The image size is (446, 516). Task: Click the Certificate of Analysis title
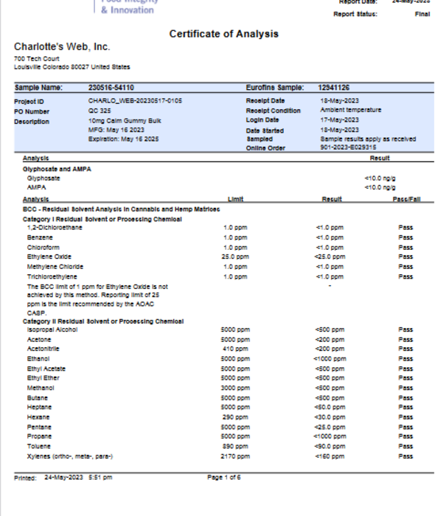pos(223,34)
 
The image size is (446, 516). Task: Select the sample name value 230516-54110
pos(111,88)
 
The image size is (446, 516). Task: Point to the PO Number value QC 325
pos(100,110)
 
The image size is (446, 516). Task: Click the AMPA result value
pos(375,187)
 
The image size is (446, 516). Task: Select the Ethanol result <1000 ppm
pos(329,358)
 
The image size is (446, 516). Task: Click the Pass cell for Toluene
pos(405,446)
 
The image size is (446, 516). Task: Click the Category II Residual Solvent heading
pos(103,321)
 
